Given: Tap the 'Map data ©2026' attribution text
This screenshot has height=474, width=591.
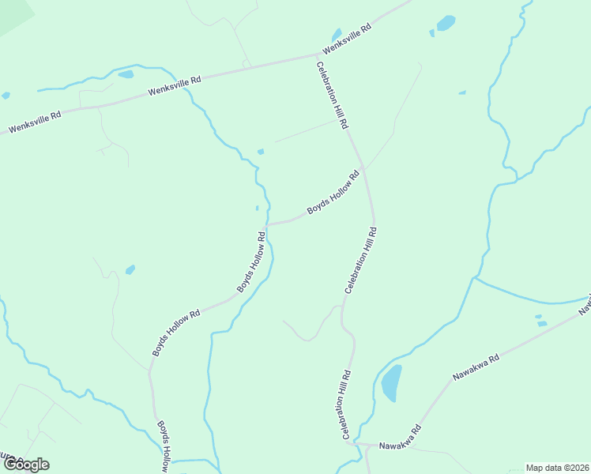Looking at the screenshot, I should (557, 468).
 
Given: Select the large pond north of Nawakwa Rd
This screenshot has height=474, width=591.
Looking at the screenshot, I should (391, 383).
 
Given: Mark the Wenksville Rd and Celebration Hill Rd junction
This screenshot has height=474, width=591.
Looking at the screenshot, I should (318, 56).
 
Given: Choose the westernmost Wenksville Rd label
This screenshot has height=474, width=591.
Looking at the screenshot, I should (35, 122).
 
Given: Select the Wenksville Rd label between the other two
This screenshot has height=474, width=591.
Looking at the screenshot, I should (175, 87).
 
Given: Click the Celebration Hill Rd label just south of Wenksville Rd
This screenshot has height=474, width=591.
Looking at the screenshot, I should (333, 96).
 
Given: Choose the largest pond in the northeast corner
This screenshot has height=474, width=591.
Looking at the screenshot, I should (446, 23).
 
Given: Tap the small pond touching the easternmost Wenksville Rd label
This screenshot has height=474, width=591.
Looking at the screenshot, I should (337, 35).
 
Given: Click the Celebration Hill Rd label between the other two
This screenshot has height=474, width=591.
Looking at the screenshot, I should (360, 261).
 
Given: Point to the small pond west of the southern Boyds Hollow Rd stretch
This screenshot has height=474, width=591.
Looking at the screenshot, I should (130, 269).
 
